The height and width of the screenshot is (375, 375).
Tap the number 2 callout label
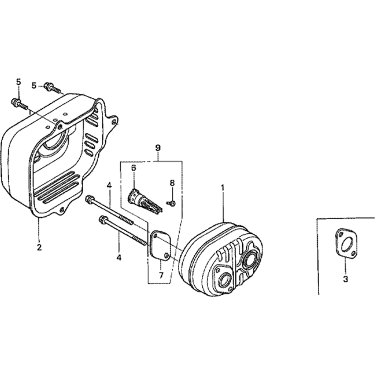[39, 247]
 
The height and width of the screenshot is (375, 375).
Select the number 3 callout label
[345, 279]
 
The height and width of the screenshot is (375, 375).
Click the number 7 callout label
[161, 275]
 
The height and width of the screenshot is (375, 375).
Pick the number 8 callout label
[172, 183]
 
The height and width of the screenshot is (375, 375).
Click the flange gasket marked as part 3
[346, 244]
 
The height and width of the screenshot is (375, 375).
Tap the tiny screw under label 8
[172, 203]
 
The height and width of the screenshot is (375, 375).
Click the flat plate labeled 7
[159, 245]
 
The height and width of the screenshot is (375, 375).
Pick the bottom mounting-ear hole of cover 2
[61, 210]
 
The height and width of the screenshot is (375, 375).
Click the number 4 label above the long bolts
[109, 185]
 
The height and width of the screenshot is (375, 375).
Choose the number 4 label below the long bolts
[119, 258]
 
